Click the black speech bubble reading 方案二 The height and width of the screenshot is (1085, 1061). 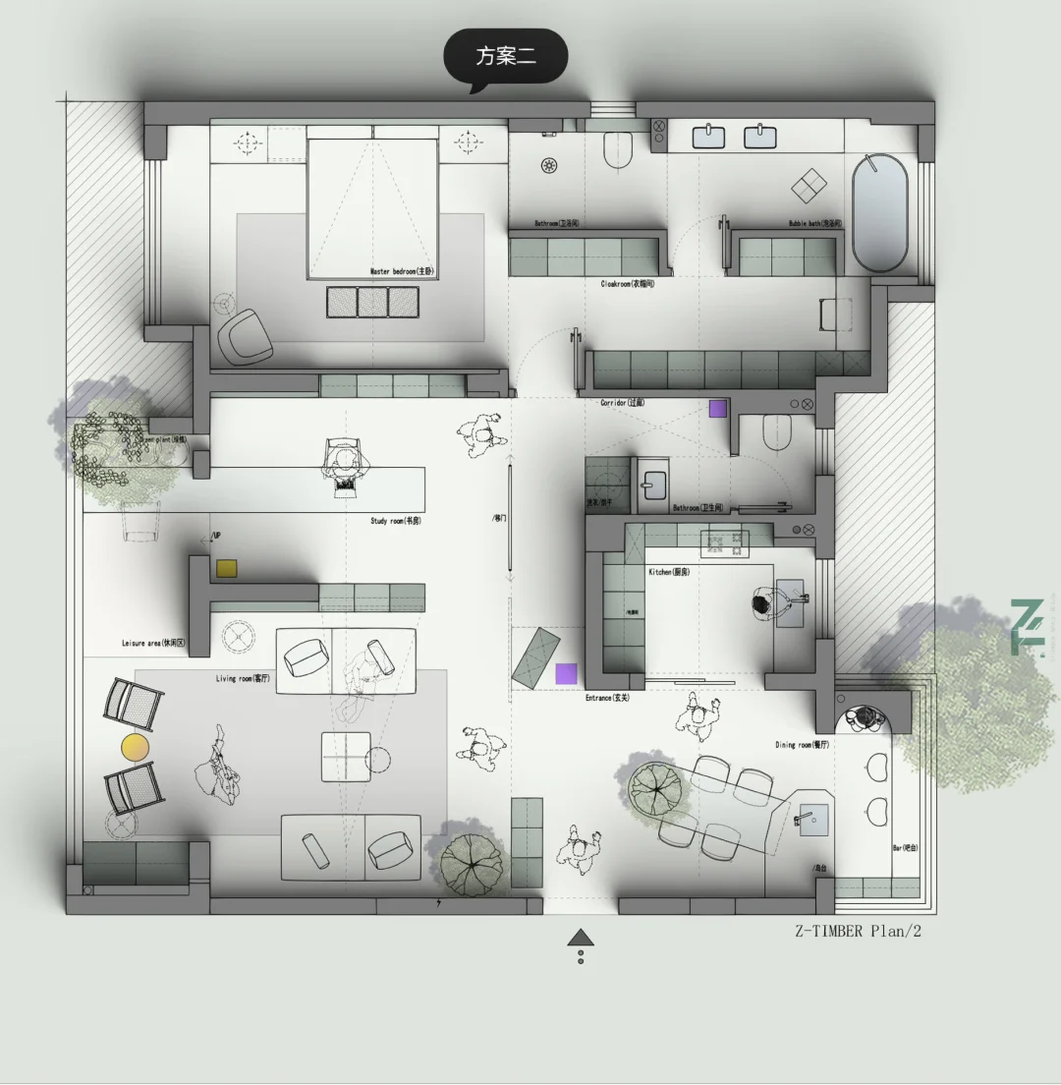[x=506, y=56]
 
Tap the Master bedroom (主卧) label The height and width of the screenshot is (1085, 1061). [x=402, y=271]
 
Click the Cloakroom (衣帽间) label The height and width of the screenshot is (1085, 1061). [x=628, y=284]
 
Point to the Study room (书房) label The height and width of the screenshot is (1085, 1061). [x=395, y=521]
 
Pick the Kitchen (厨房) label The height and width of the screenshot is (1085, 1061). [x=668, y=572]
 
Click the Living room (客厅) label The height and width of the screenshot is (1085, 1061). [x=243, y=678]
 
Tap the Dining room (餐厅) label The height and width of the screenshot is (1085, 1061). [x=803, y=745]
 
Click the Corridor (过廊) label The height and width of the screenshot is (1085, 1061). [x=623, y=403]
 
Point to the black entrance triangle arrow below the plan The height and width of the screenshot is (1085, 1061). [x=581, y=938]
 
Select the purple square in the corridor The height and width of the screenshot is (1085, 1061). [x=718, y=408]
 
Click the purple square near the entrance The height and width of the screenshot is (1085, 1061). [x=566, y=673]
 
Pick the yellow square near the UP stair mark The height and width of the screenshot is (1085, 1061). [x=226, y=568]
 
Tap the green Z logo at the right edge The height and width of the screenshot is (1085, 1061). [x=1028, y=626]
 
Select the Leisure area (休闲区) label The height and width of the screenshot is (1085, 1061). [x=152, y=644]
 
